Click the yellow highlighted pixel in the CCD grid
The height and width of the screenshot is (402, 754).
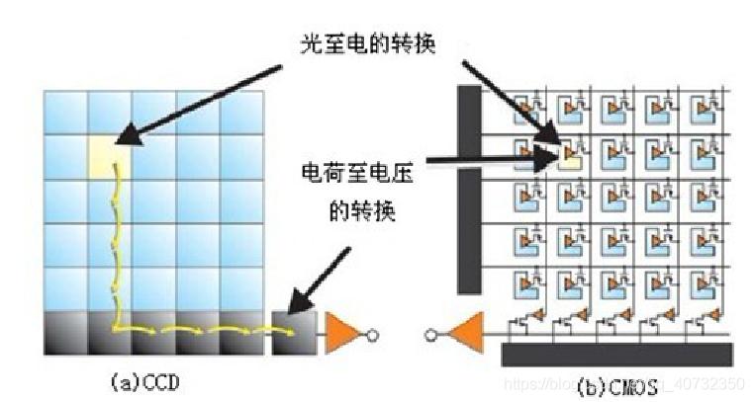[109, 154]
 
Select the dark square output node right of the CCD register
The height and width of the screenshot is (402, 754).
[292, 334]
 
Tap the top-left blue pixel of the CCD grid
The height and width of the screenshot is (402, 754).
[65, 111]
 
